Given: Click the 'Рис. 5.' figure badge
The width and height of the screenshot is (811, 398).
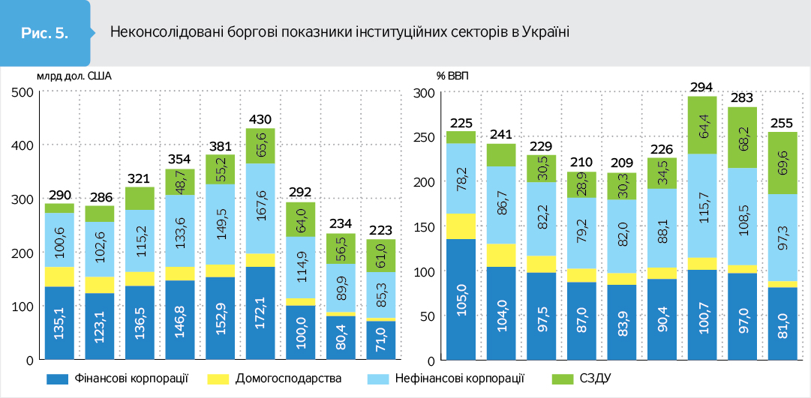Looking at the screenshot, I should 45,33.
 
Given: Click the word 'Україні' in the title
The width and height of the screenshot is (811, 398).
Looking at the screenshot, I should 545,32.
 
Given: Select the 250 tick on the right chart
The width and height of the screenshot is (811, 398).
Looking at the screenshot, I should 424,137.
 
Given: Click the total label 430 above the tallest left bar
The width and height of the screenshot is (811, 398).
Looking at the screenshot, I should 260,119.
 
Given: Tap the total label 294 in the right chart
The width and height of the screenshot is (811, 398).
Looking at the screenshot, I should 701,87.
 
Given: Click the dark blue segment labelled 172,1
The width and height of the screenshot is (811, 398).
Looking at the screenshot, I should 260,313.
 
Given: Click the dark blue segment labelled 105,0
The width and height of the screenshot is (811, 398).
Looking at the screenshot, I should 461,299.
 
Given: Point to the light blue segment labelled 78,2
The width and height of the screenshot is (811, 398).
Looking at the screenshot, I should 461,178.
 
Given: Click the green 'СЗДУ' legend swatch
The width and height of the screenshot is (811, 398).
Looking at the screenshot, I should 559,379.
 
